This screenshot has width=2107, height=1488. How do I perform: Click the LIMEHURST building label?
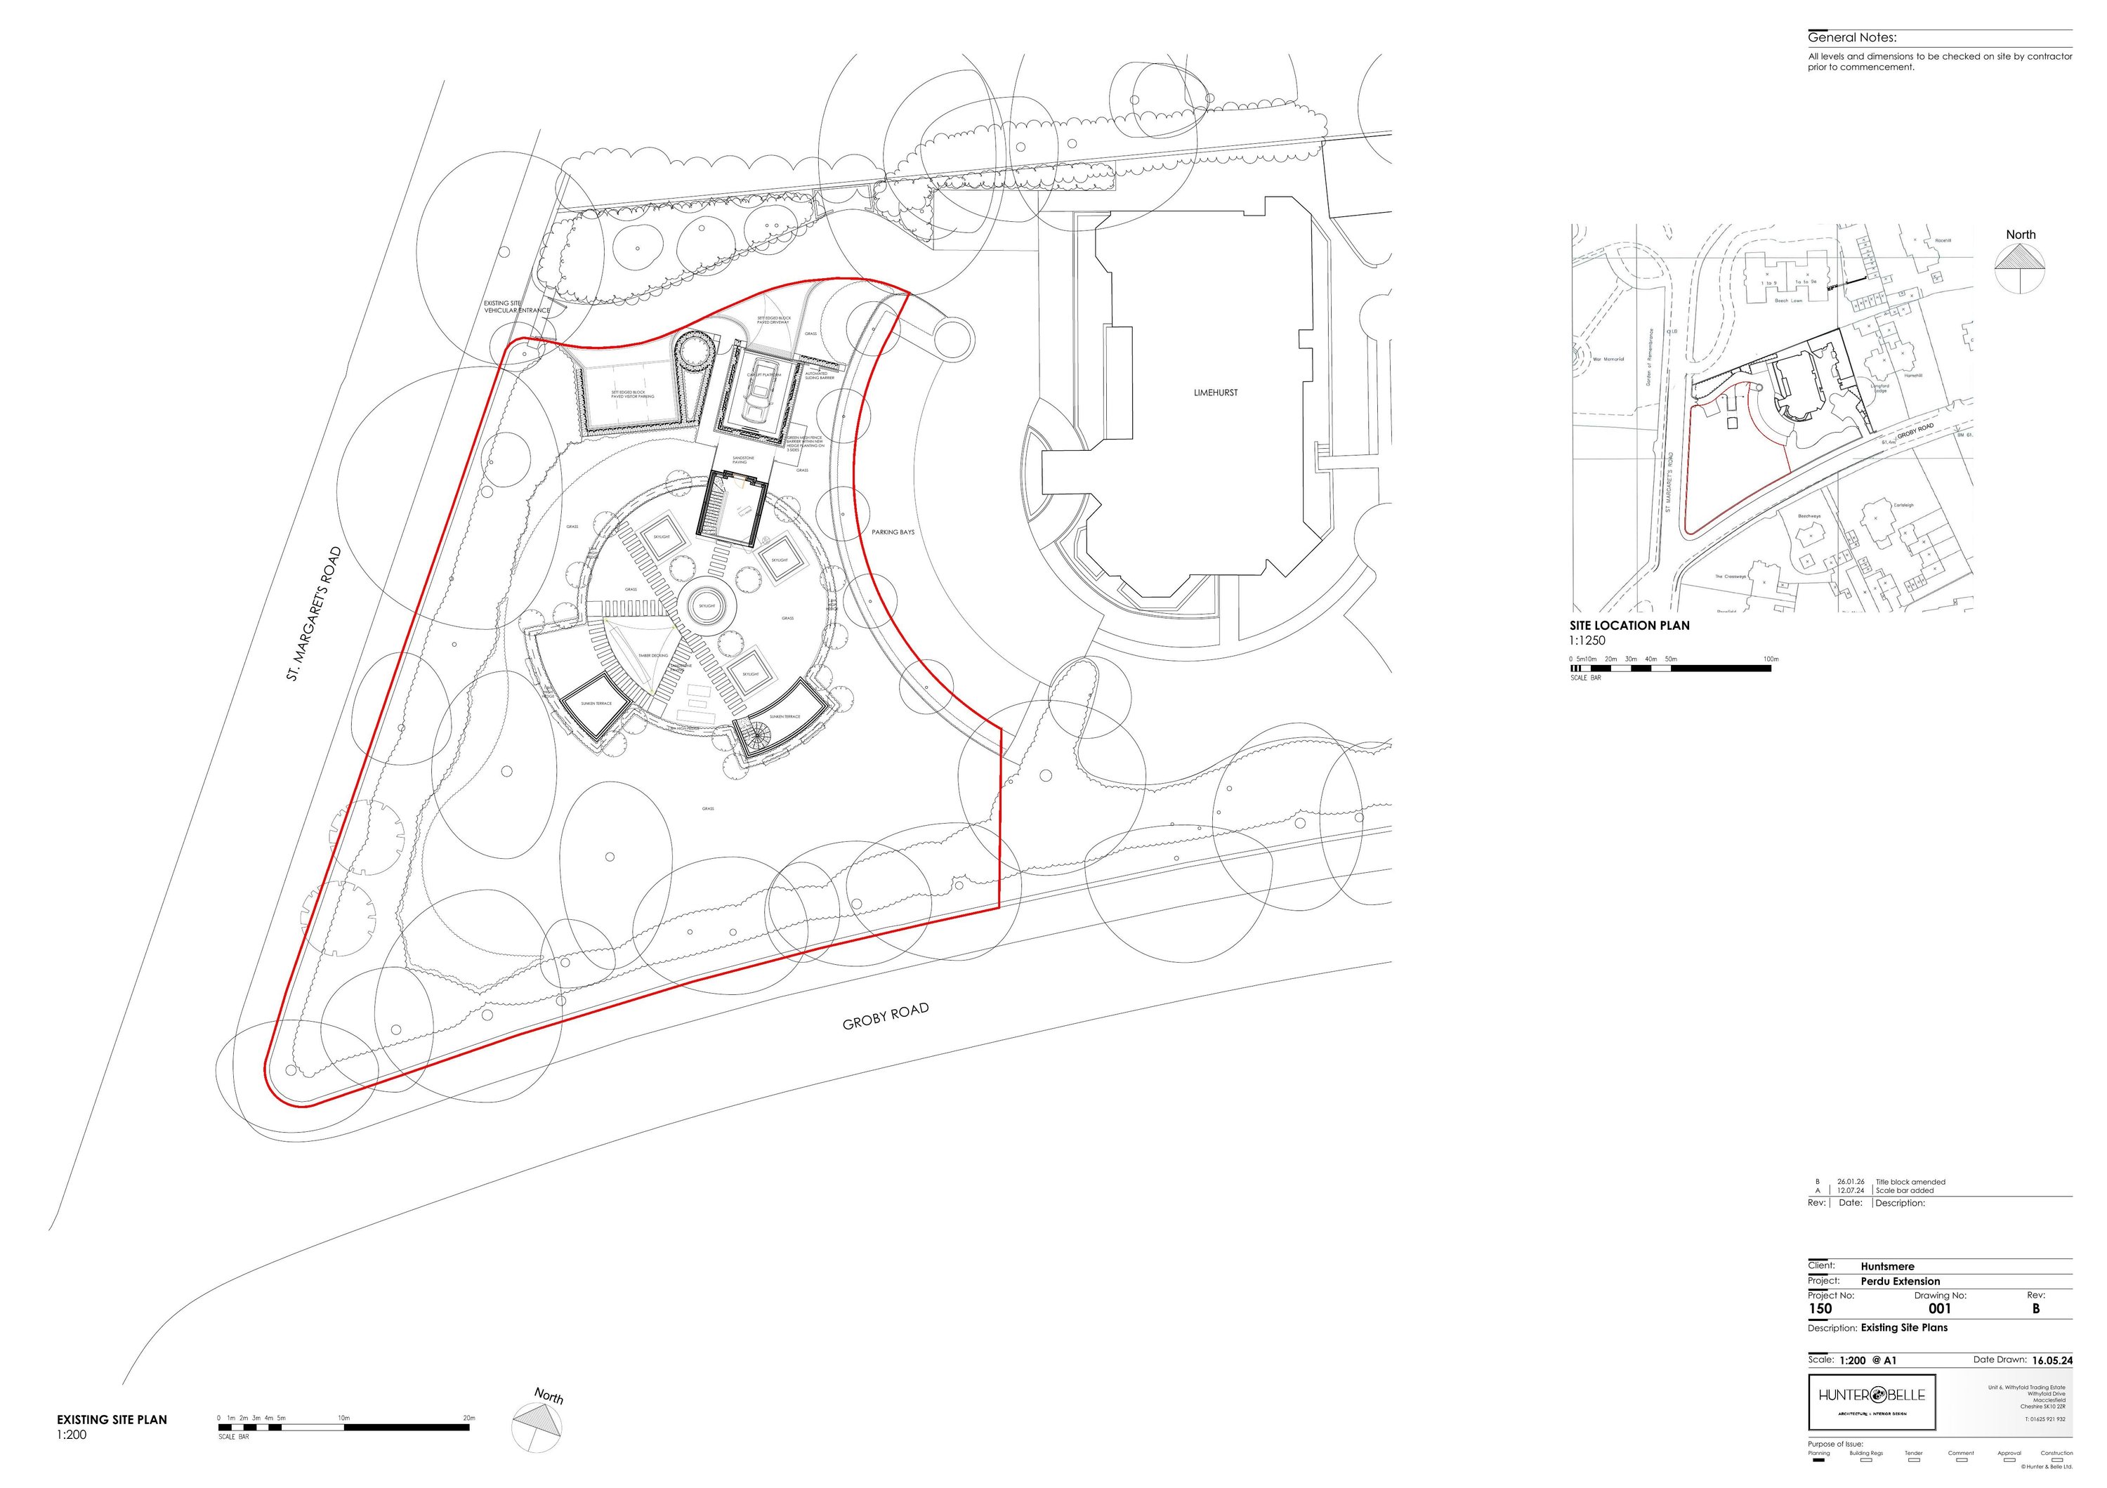point(1215,393)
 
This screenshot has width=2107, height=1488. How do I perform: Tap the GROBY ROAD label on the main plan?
point(886,1017)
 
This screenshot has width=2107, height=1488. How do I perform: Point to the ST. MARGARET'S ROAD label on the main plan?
point(314,614)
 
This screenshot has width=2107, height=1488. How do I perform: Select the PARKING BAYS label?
point(892,532)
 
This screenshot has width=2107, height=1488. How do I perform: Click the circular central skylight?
point(707,607)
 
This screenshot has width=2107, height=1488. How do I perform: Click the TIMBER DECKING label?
point(652,656)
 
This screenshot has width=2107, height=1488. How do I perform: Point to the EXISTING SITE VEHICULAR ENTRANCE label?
point(517,306)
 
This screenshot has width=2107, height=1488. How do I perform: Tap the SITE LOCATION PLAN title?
point(1629,626)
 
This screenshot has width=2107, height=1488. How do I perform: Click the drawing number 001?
point(1939,1309)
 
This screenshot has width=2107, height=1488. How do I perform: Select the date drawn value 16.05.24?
point(2052,1360)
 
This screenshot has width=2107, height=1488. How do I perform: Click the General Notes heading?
point(1852,39)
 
